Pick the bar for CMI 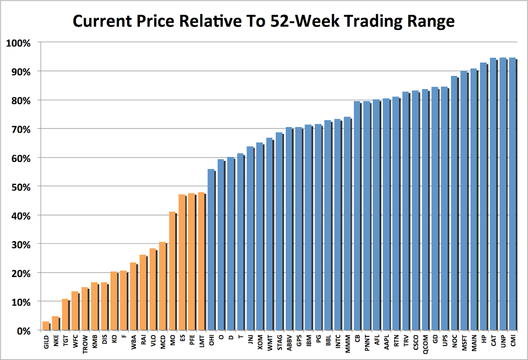point(512,194)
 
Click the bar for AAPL point(386,214)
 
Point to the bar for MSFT point(464,201)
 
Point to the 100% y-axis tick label point(25,43)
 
